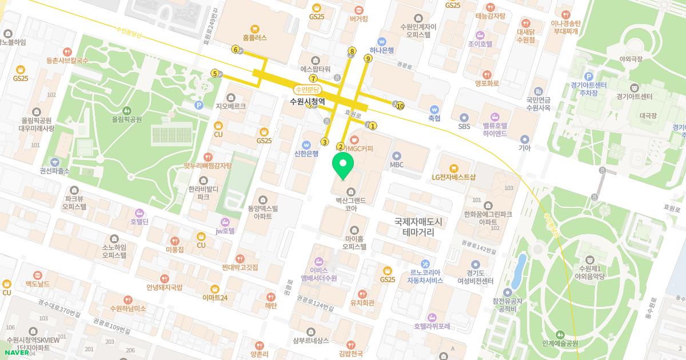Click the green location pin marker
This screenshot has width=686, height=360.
(x=343, y=166)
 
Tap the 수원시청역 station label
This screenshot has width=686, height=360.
(x=308, y=102)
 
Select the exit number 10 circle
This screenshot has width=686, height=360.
(x=400, y=106)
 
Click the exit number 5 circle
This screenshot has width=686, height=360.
(x=214, y=73)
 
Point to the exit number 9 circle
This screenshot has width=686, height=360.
(x=368, y=58)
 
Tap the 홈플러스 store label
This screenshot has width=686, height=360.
(x=254, y=38)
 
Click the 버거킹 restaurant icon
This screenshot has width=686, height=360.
(x=358, y=10)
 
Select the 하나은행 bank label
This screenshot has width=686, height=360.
(x=382, y=50)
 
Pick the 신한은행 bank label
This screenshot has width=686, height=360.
(x=306, y=154)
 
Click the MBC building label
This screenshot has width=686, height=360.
(x=397, y=165)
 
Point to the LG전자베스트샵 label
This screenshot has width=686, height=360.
(x=453, y=177)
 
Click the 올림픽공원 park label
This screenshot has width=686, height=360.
(x=126, y=119)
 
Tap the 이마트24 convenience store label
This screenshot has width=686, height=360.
(x=215, y=298)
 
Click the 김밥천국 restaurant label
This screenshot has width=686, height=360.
(x=350, y=354)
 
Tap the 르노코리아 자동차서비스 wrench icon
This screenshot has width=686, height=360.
(x=425, y=264)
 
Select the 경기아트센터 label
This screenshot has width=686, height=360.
(x=634, y=96)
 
